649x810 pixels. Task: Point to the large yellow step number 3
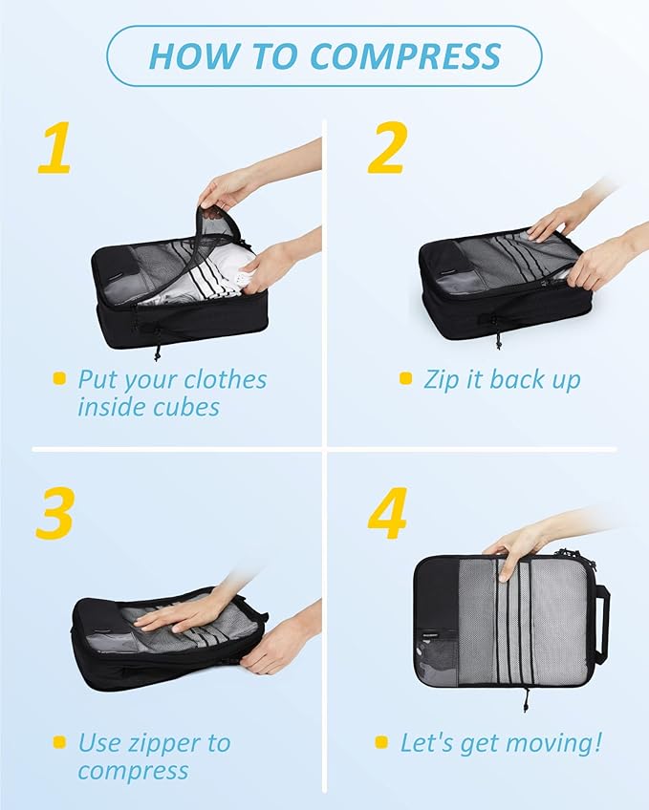pyautogui.click(x=55, y=515)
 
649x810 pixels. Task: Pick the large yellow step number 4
pyautogui.click(x=387, y=515)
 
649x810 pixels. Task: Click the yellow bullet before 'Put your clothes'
pyautogui.click(x=59, y=379)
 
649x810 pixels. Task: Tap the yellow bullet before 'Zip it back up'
pyautogui.click(x=405, y=379)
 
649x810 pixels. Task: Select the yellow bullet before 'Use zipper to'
pyautogui.click(x=59, y=742)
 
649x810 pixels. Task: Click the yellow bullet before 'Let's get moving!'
pyautogui.click(x=381, y=742)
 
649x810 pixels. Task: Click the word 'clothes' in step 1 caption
pyautogui.click(x=226, y=379)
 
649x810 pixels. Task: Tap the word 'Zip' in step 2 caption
pyautogui.click(x=441, y=379)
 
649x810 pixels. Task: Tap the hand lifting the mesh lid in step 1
pyautogui.click(x=223, y=187)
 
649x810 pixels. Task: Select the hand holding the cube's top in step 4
pyautogui.click(x=516, y=546)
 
